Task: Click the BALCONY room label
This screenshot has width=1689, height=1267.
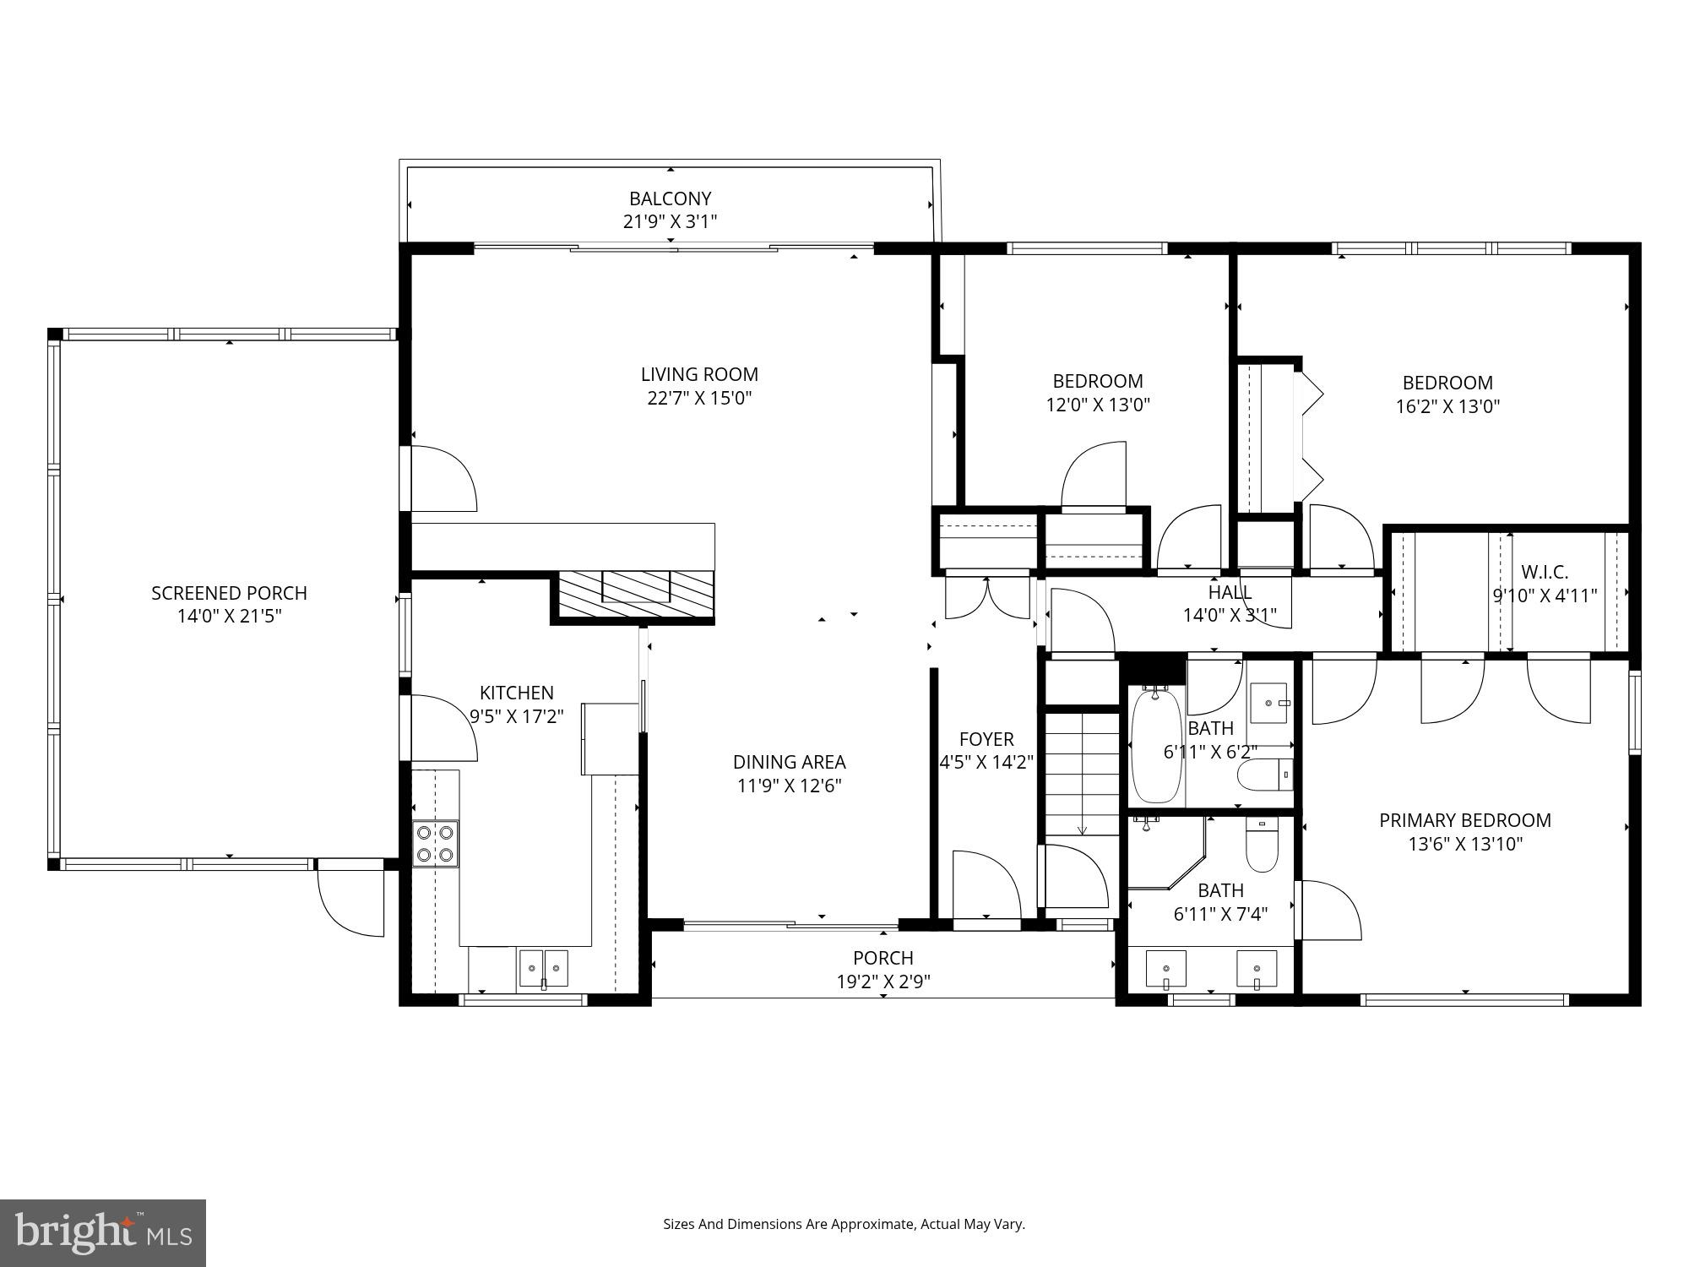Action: tap(670, 198)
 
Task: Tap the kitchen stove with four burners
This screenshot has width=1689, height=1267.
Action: tap(436, 843)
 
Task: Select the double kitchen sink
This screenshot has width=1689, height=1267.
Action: tap(543, 967)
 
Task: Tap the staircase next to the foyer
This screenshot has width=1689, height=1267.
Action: tap(1083, 773)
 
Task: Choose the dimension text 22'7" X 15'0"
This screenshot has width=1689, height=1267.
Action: tap(699, 398)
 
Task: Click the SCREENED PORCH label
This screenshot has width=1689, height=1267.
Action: tap(229, 593)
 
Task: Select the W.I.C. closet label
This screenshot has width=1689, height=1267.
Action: tap(1545, 572)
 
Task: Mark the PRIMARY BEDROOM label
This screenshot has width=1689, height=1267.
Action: tap(1464, 820)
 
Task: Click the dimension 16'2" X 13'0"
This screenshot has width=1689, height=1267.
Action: tap(1447, 406)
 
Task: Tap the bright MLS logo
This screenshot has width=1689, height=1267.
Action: tap(102, 1233)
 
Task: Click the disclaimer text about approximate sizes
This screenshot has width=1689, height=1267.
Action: tap(844, 1224)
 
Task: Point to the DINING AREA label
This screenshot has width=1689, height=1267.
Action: tap(789, 762)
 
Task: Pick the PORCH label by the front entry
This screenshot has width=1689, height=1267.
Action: tap(883, 958)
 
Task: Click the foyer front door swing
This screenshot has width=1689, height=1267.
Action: tap(985, 887)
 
